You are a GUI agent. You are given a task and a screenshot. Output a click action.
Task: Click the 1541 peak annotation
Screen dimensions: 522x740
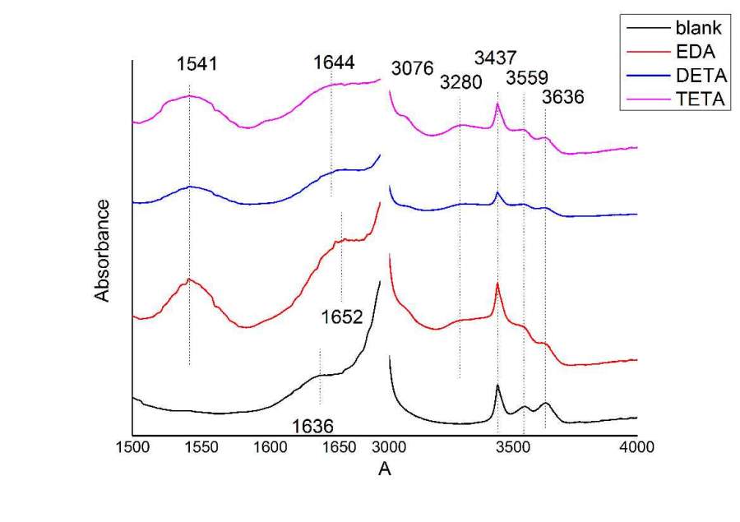[196, 64]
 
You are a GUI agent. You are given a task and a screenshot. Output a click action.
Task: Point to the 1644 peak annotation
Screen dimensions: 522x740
[334, 62]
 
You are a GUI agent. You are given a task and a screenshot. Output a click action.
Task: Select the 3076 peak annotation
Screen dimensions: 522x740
[412, 68]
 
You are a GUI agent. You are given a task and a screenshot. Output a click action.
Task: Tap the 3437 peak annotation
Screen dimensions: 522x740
[496, 58]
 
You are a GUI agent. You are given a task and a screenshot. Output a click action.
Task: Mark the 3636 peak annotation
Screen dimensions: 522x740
[563, 96]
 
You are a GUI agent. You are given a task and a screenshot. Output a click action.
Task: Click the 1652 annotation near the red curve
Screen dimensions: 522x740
[342, 316]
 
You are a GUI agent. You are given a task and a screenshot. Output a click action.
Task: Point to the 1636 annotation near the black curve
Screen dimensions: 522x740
[313, 427]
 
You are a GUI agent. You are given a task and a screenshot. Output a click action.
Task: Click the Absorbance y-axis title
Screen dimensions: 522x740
[102, 249]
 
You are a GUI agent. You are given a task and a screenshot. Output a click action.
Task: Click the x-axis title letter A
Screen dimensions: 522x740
[384, 470]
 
